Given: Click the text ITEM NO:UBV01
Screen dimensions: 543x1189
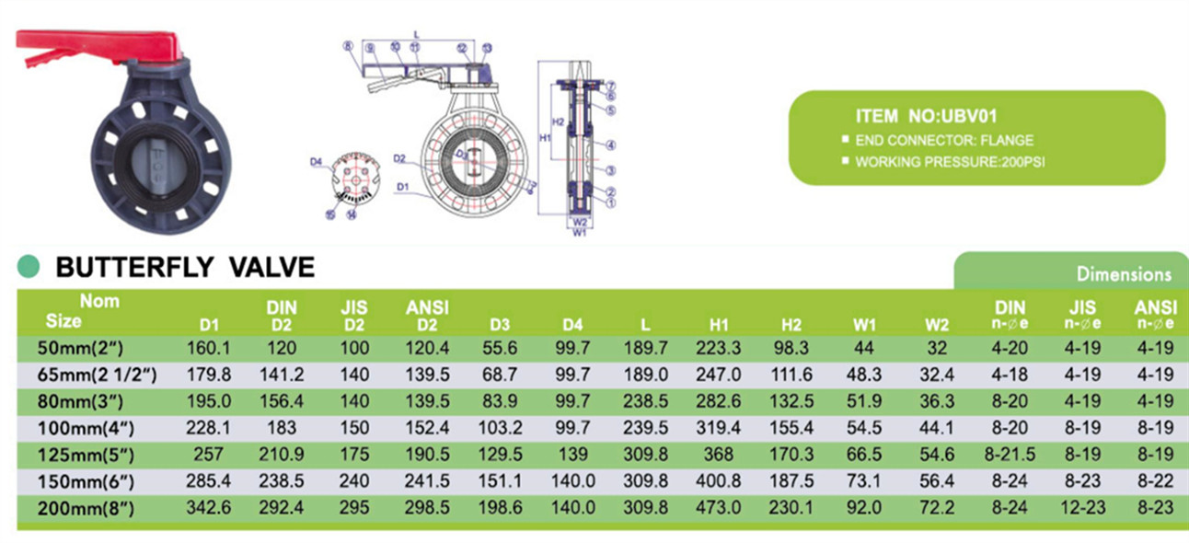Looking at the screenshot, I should click(926, 117).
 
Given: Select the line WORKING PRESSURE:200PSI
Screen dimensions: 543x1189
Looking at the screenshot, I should click(950, 162).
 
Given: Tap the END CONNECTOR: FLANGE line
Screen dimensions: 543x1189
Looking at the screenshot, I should click(944, 141).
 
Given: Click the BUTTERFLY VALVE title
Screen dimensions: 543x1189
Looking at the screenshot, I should click(185, 267).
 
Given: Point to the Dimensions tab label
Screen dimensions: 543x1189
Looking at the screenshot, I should click(1123, 274).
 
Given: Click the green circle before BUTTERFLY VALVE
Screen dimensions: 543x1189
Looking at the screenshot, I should click(29, 267).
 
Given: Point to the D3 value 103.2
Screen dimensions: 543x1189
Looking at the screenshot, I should click(502, 427).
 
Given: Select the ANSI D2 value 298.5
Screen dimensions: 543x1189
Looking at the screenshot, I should click(427, 507).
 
